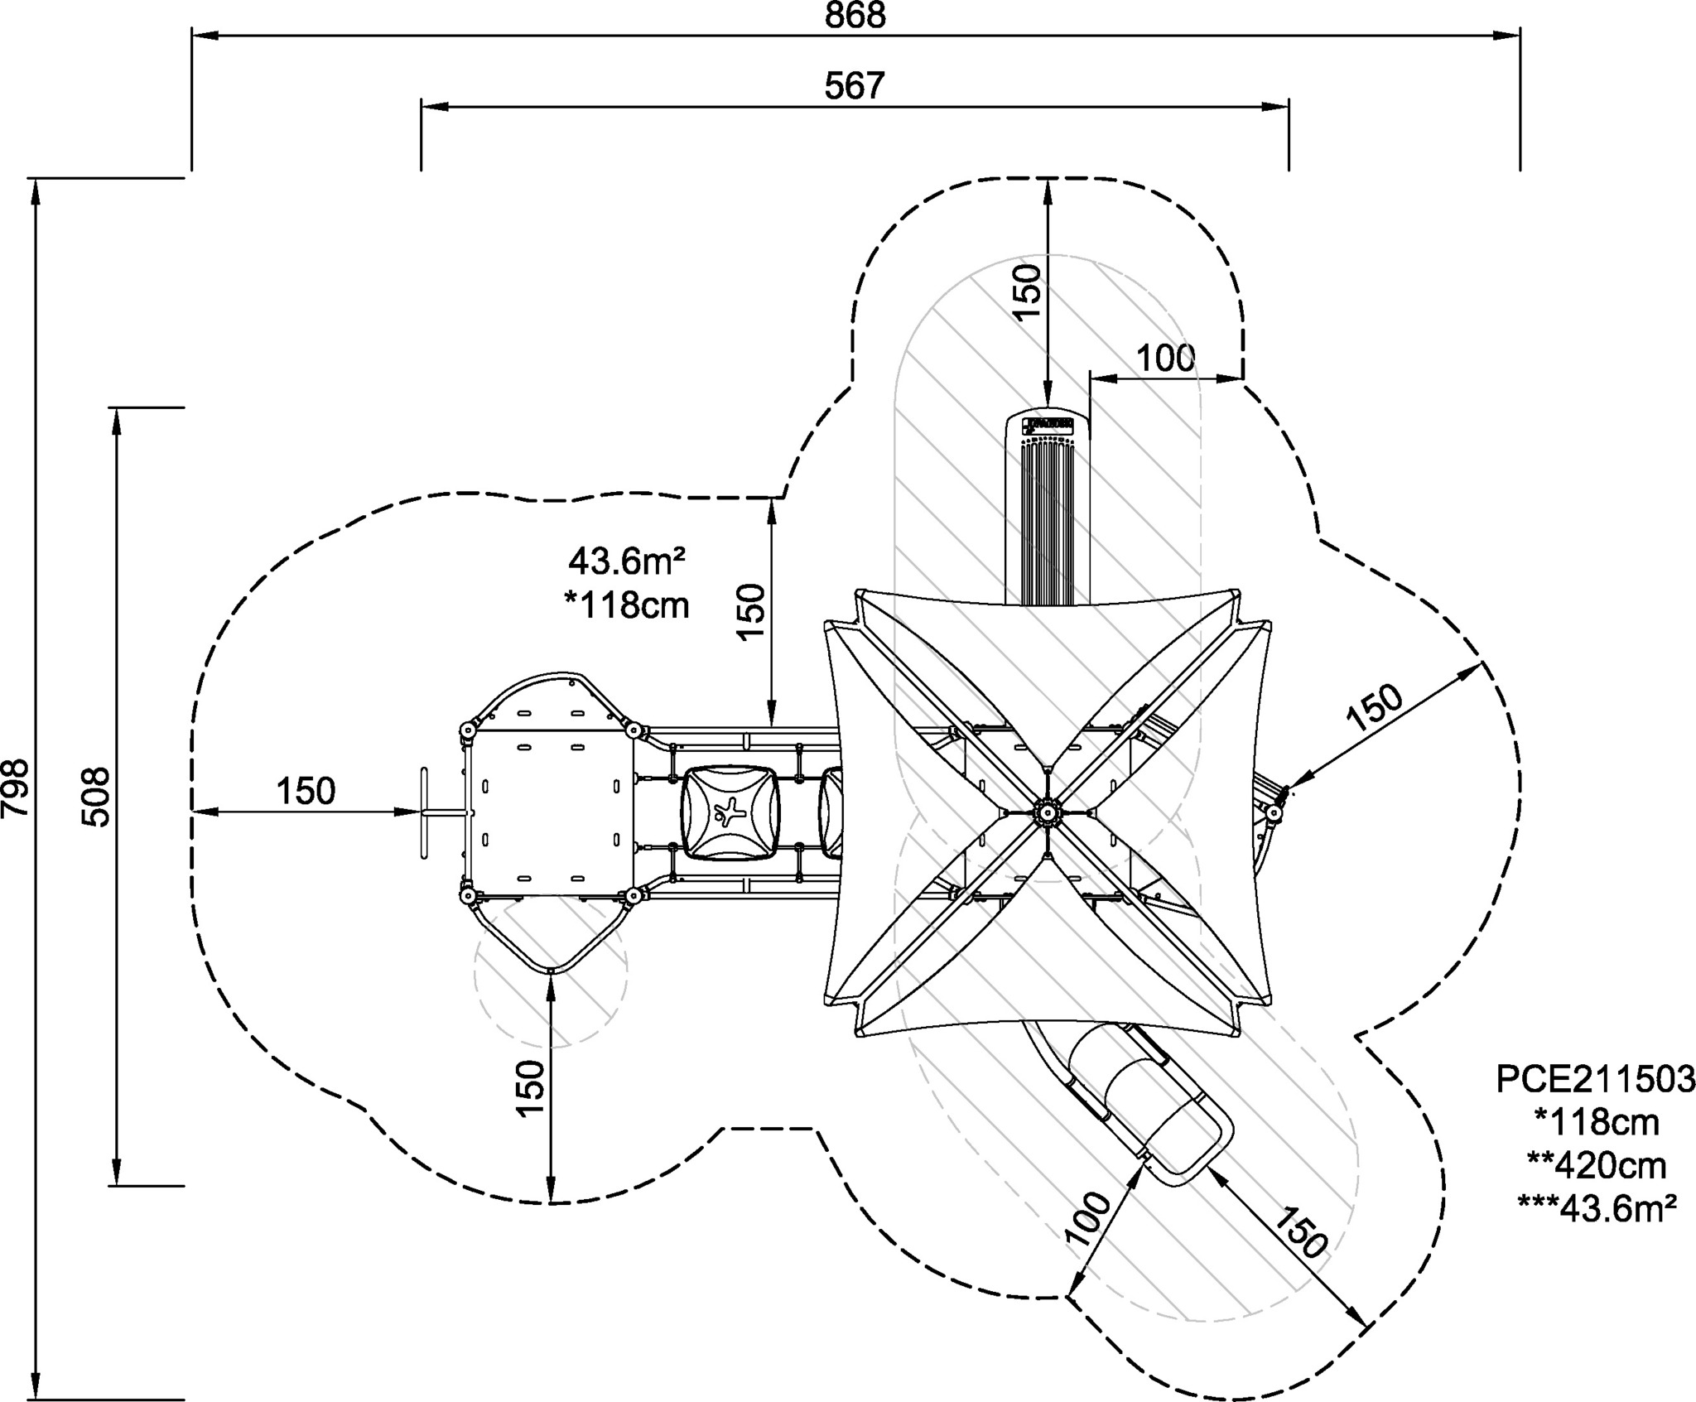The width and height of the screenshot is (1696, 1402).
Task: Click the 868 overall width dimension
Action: point(855,17)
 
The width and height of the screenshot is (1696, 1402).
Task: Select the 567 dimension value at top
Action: point(855,86)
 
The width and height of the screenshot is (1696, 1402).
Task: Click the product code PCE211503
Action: point(1595,1079)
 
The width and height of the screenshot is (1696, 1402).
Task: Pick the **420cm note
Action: point(1596,1165)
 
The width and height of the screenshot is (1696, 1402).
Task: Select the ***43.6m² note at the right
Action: point(1597,1208)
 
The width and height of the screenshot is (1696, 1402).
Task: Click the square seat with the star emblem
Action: point(730,812)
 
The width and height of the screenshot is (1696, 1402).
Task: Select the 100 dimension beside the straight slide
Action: point(1165,359)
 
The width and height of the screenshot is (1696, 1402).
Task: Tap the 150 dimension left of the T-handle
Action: point(306,791)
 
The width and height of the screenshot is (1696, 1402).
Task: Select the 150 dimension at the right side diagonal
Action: point(1375,706)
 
